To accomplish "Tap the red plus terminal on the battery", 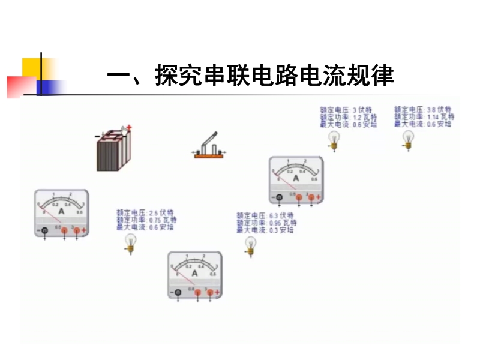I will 129,127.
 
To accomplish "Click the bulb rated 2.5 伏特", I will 130,242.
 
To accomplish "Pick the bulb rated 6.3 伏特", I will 250,245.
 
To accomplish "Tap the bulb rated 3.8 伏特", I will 409,140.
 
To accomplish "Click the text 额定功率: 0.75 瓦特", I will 146,220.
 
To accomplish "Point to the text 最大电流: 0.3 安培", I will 265,230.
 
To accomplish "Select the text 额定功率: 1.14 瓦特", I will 424,116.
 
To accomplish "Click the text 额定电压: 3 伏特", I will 346,110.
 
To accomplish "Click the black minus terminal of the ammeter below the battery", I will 44,230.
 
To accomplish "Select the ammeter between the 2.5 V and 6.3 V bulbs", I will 194,274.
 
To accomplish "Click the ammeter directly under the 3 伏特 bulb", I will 296,180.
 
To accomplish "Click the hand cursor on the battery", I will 124,130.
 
